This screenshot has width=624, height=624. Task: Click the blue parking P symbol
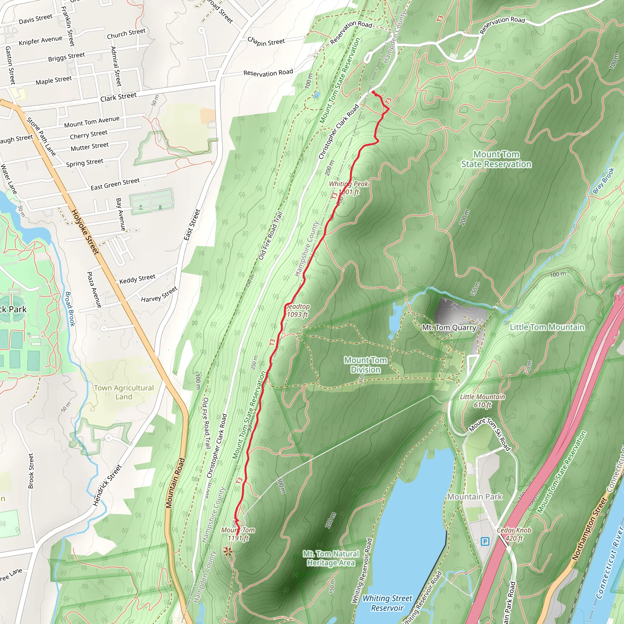pyautogui.click(x=485, y=541)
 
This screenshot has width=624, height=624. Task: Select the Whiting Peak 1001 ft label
pyautogui.click(x=348, y=188)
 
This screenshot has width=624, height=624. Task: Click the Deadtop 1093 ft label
pyautogui.click(x=297, y=310)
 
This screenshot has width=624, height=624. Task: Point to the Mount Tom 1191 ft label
pyautogui.click(x=238, y=534)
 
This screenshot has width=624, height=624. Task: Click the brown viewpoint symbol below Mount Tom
pyautogui.click(x=228, y=551)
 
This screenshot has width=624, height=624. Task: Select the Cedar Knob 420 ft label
pyautogui.click(x=514, y=534)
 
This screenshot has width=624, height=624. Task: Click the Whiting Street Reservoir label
pyautogui.click(x=387, y=603)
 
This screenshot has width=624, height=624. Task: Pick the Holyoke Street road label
pyautogui.click(x=85, y=232)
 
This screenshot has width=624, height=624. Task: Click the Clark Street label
pyautogui.click(x=118, y=97)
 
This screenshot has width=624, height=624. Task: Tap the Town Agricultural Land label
pyautogui.click(x=124, y=392)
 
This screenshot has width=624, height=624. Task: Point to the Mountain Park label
pyautogui.click(x=475, y=497)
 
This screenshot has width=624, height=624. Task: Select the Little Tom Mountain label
pyautogui.click(x=547, y=327)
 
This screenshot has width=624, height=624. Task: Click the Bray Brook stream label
pyautogui.click(x=603, y=181)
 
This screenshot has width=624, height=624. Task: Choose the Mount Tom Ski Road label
pyautogui.click(x=490, y=434)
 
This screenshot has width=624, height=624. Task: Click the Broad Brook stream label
pyautogui.click(x=70, y=309)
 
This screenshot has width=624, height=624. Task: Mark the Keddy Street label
pyautogui.click(x=137, y=279)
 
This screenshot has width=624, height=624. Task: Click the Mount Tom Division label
pyautogui.click(x=365, y=365)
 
